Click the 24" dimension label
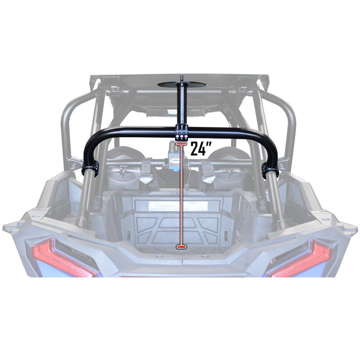(200, 148)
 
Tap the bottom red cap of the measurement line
(181, 247)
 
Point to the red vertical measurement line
(181, 198)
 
